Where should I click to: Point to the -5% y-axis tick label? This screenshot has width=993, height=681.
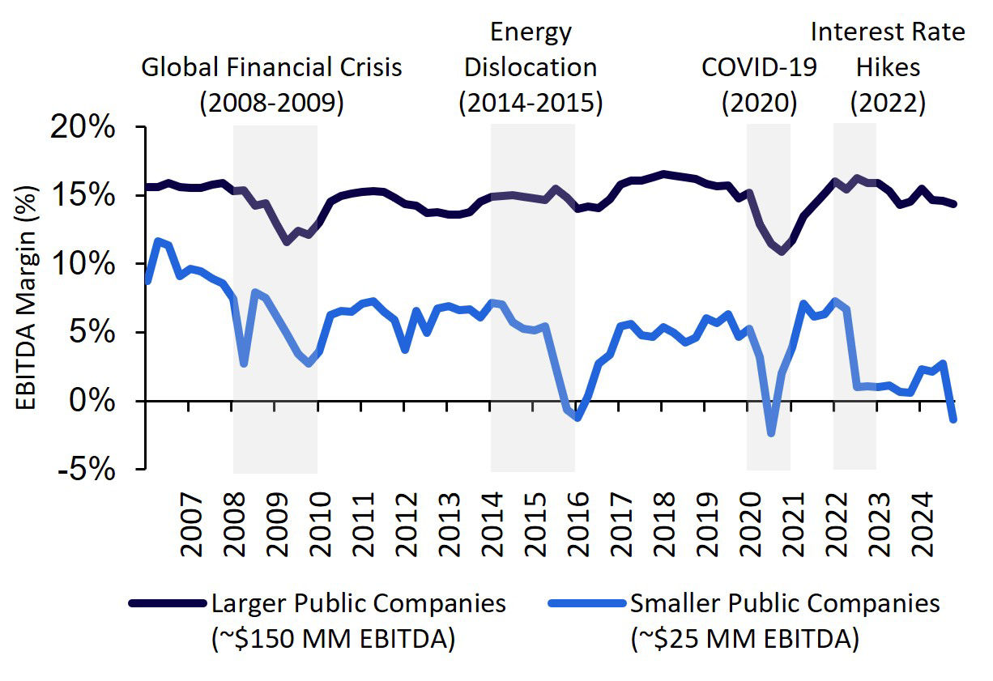88,469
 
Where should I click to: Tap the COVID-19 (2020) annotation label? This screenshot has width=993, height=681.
759,84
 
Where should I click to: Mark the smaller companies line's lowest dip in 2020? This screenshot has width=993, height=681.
771,433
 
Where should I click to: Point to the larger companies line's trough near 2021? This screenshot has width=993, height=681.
782,252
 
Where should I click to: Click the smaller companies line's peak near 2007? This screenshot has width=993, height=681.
158,240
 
